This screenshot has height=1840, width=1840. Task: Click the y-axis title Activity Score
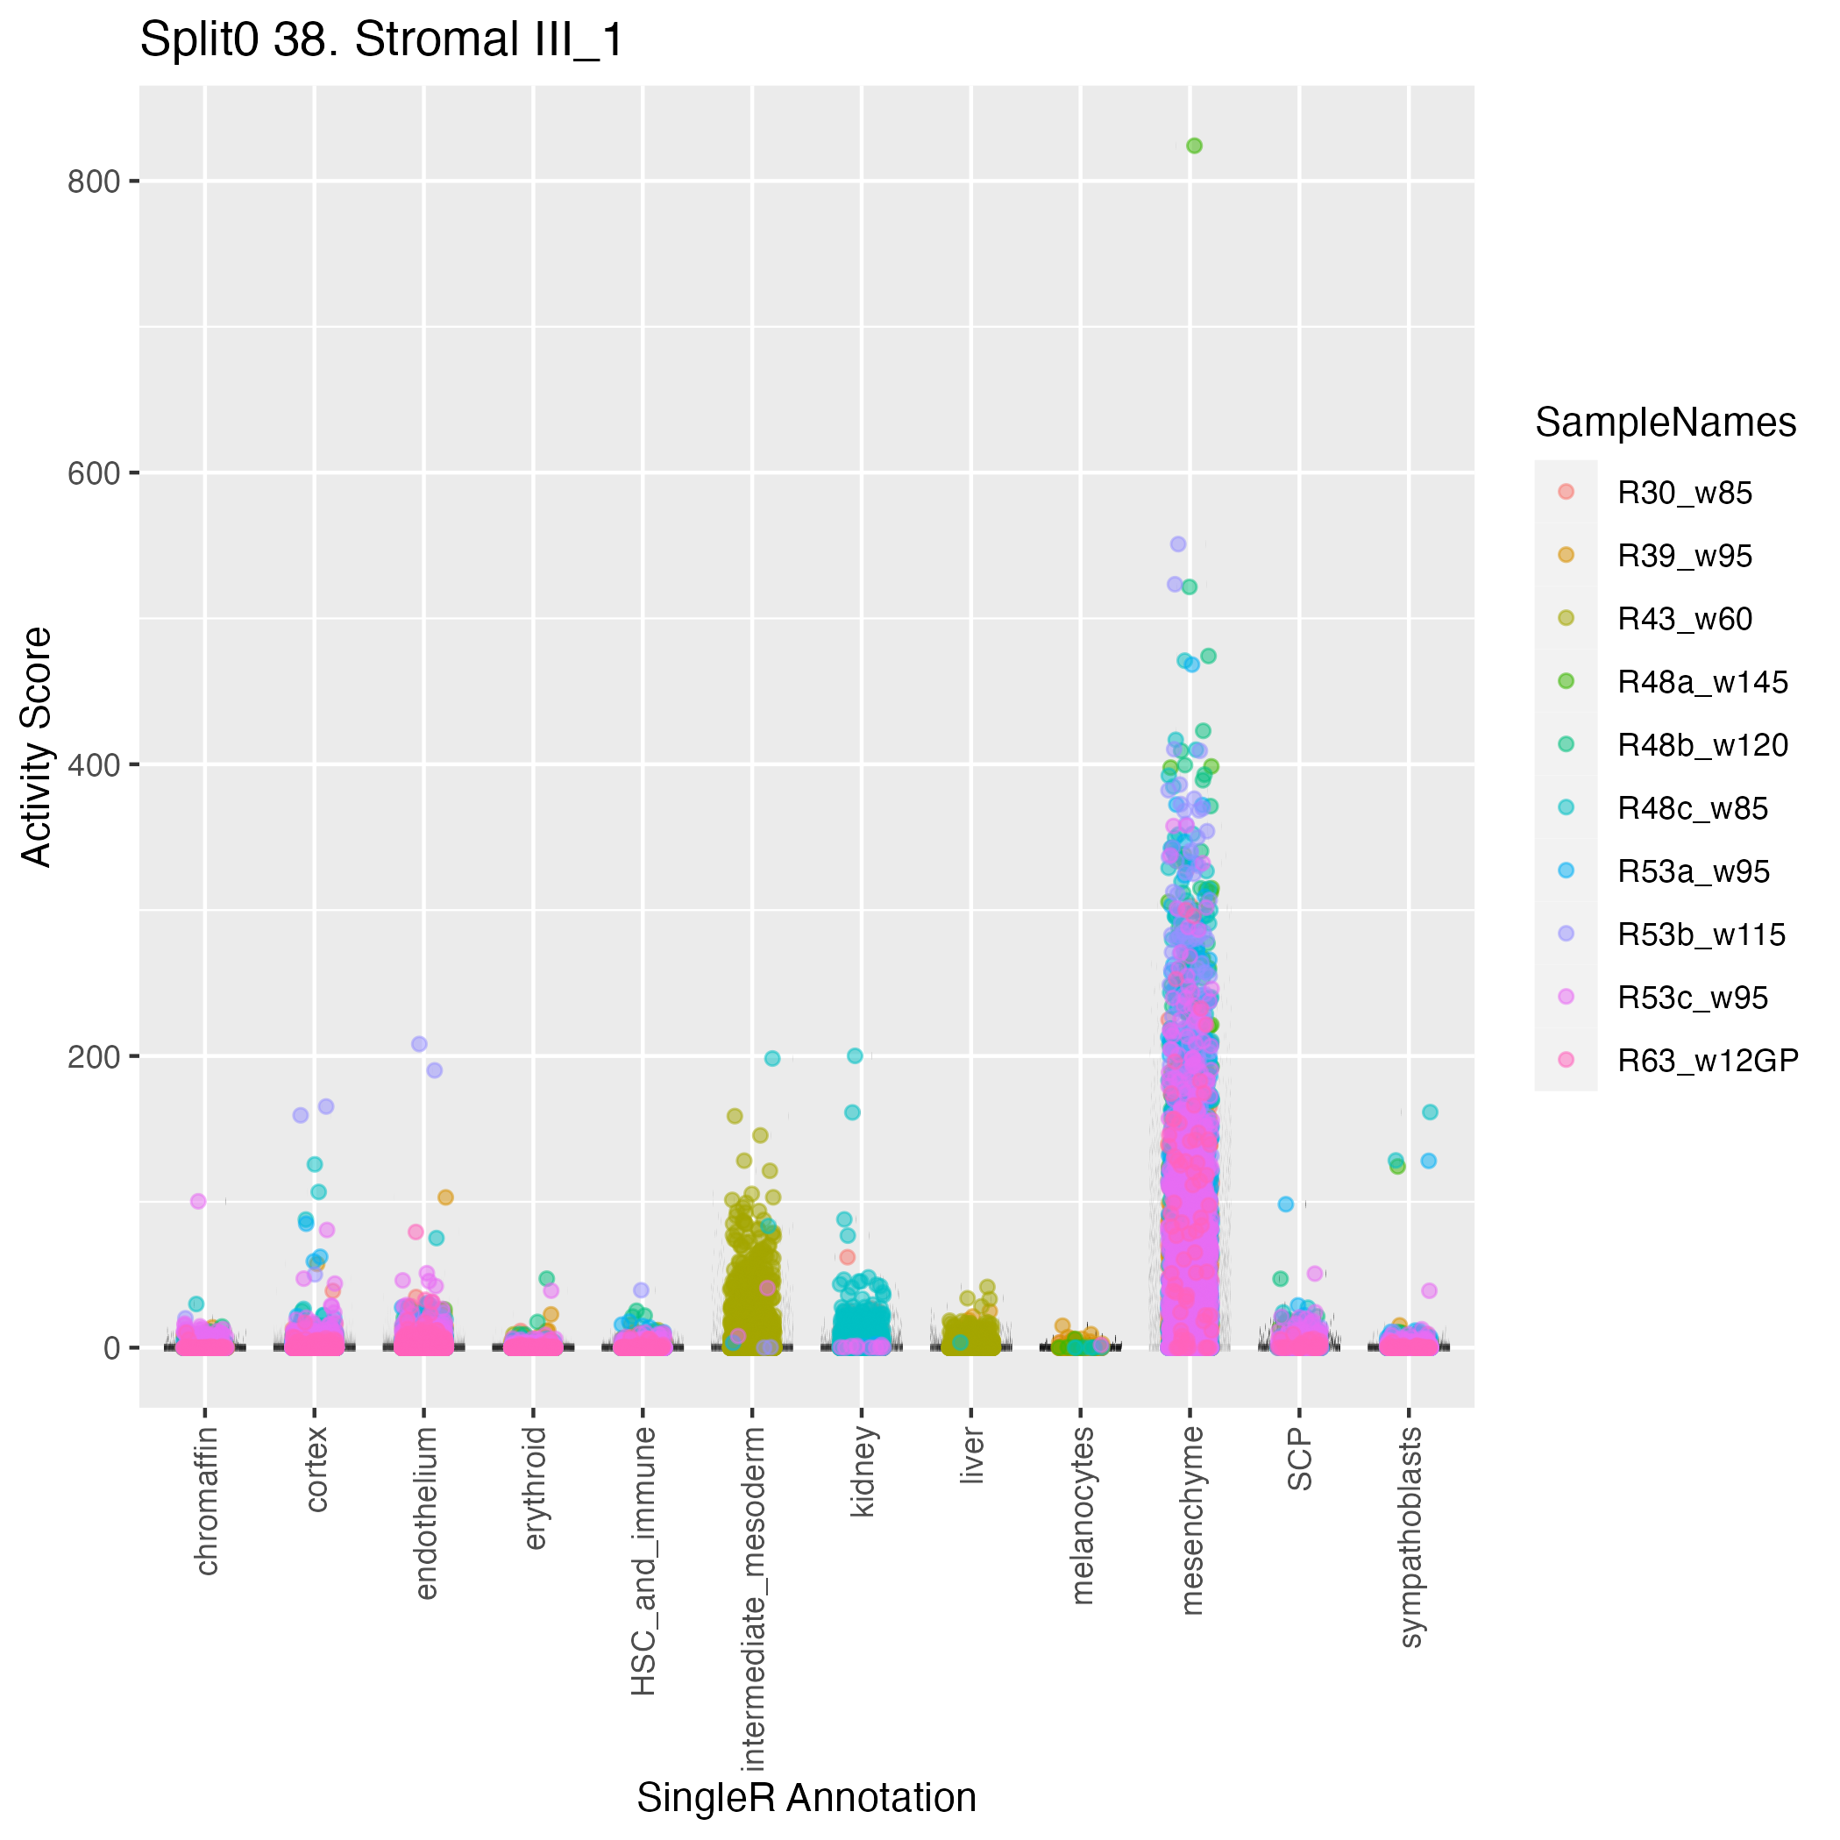click(36, 746)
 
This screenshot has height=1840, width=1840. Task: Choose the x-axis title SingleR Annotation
click(806, 1797)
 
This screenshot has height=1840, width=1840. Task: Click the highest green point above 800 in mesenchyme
click(1193, 146)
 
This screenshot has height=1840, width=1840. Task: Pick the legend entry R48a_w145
click(1701, 682)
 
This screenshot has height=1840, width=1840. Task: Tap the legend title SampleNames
click(1665, 422)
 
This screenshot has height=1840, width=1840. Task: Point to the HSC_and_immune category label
click(643, 1560)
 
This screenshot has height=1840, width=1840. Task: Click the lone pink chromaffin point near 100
click(198, 1201)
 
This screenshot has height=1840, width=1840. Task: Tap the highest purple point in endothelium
click(419, 1044)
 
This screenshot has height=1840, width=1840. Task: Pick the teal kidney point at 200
click(856, 1055)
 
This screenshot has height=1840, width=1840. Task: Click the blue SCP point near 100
click(1286, 1204)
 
